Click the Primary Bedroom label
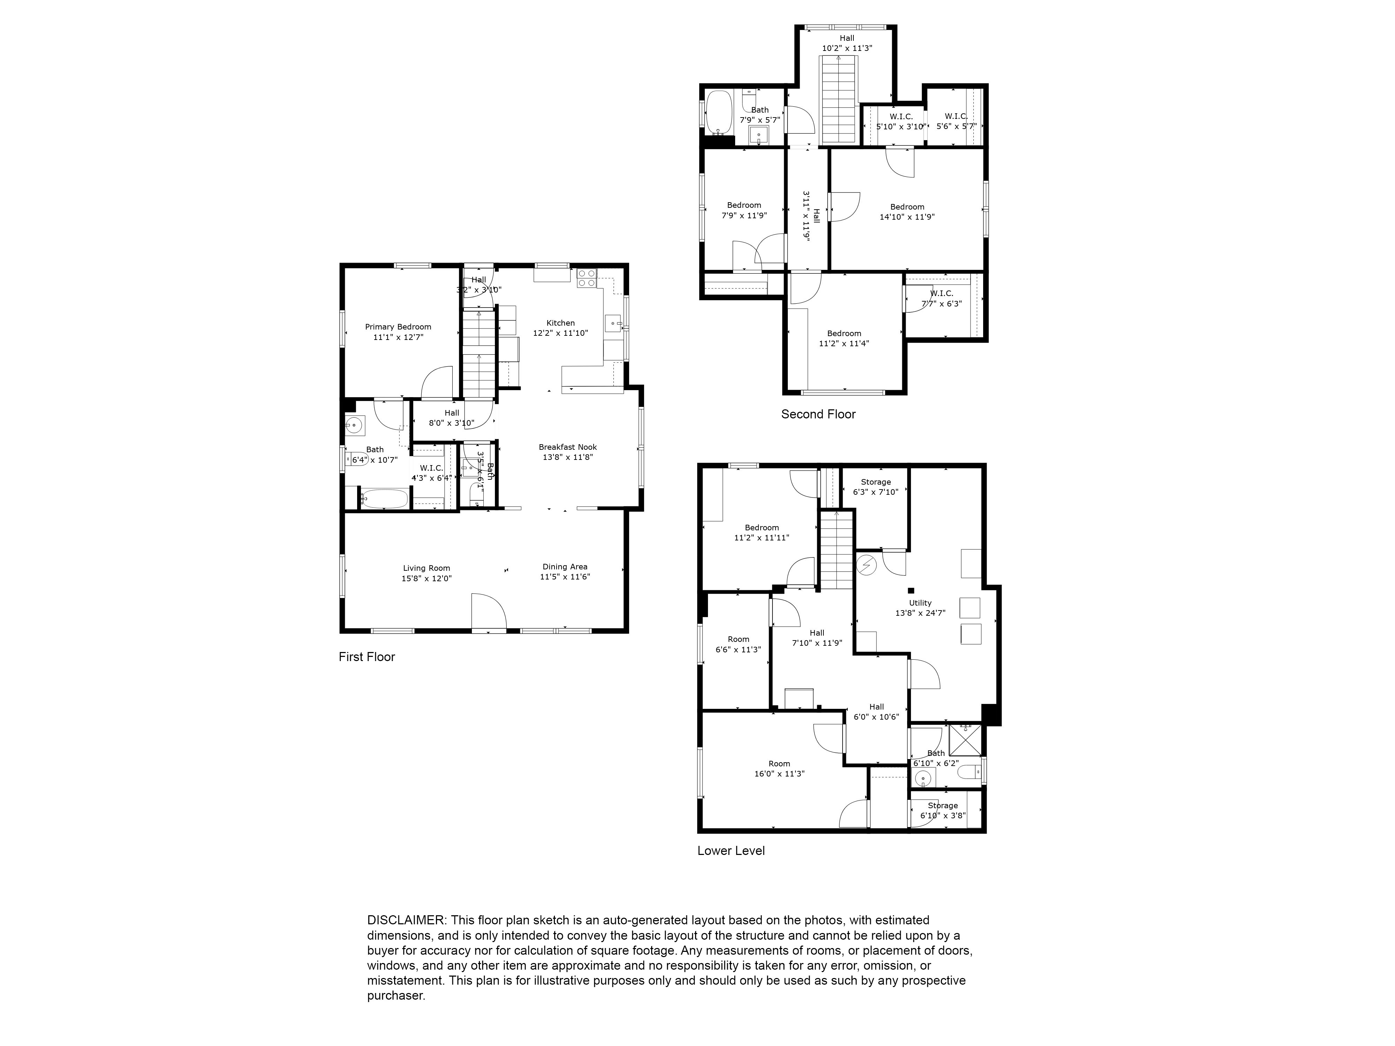coord(398,327)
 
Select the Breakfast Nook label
coord(567,447)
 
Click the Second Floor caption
coord(818,414)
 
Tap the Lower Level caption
coord(731,850)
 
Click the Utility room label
coord(920,603)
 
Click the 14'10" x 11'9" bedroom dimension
coord(907,217)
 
